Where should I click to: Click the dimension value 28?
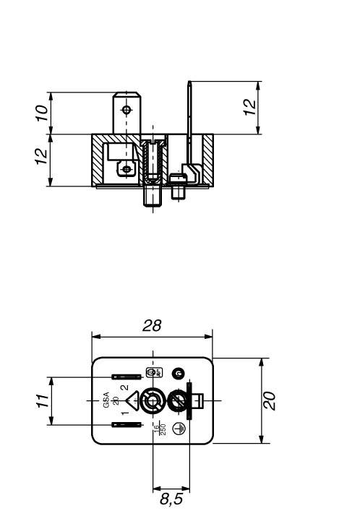click(x=152, y=326)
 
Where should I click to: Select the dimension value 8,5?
click(x=171, y=499)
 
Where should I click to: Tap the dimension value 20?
click(x=270, y=401)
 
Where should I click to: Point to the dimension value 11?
click(x=43, y=401)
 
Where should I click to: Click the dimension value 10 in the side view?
click(x=43, y=113)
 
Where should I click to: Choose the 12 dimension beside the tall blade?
click(x=249, y=107)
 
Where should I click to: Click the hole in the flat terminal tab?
click(x=127, y=110)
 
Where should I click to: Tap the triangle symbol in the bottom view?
click(x=132, y=401)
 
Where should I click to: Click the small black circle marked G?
click(x=177, y=373)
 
